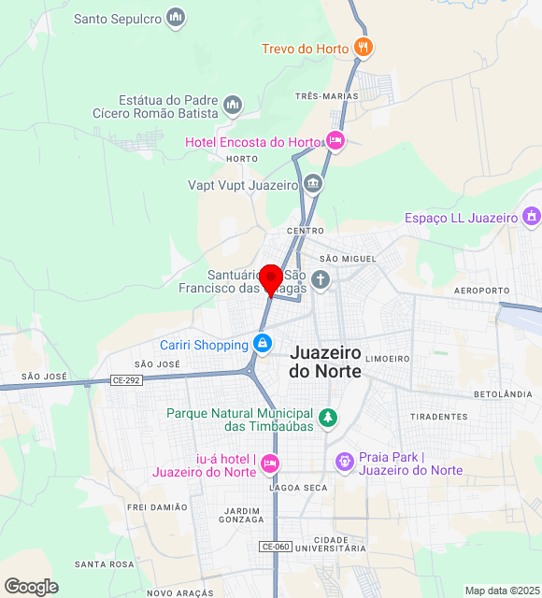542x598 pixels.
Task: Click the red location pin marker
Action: click(x=271, y=278)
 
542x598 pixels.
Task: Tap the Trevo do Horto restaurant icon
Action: click(x=364, y=48)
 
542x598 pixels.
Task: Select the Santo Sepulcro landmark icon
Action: click(x=175, y=18)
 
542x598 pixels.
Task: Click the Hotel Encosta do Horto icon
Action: click(x=335, y=142)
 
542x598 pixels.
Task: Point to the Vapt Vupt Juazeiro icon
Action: click(x=313, y=184)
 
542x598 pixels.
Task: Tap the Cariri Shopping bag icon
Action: click(x=264, y=345)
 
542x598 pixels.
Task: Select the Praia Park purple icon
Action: click(x=345, y=462)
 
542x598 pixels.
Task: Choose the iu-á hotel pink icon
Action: click(x=270, y=463)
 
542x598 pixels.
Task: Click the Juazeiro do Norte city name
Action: click(x=325, y=362)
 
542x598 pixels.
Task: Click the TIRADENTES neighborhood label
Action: click(x=438, y=417)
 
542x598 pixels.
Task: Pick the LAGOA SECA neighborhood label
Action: click(x=298, y=488)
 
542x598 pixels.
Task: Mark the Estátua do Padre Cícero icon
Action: click(x=233, y=104)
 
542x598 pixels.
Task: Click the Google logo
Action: click(x=31, y=587)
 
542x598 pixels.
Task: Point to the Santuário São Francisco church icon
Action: click(x=321, y=279)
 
